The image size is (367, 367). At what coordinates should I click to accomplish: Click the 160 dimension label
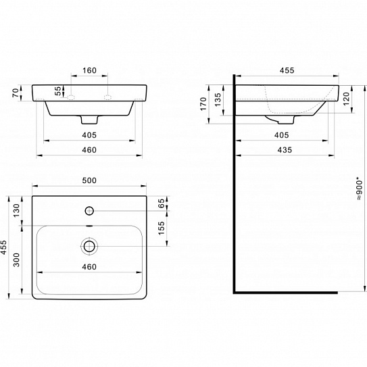pos(90,70)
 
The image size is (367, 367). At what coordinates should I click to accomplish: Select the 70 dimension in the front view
pos(16,93)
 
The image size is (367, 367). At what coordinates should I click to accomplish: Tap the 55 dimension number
pos(57,91)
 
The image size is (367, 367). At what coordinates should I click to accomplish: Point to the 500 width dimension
pos(89,180)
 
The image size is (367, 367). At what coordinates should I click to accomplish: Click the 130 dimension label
pos(16,210)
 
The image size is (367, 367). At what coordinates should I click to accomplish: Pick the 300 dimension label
pos(16,260)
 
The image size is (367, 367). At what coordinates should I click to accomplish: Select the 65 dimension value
pos(162,203)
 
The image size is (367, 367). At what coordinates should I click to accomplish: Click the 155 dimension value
pos(162,228)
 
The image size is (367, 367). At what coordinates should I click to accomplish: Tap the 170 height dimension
pos(203,103)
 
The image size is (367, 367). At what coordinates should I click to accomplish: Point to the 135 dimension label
pos(218,99)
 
